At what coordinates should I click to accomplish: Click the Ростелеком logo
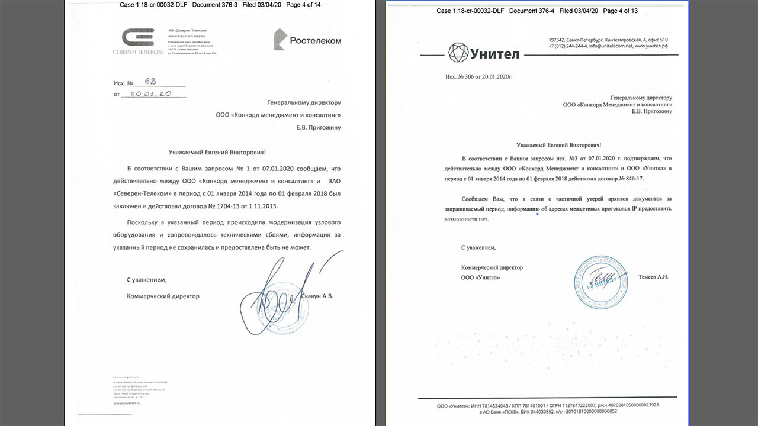tap(307, 40)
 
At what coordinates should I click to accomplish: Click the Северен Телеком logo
tap(137, 41)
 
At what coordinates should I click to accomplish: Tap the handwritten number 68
tap(150, 81)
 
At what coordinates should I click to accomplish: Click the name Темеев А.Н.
tap(653, 276)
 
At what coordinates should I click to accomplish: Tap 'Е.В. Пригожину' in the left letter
tap(319, 127)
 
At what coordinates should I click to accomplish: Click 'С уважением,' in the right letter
tap(478, 247)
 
